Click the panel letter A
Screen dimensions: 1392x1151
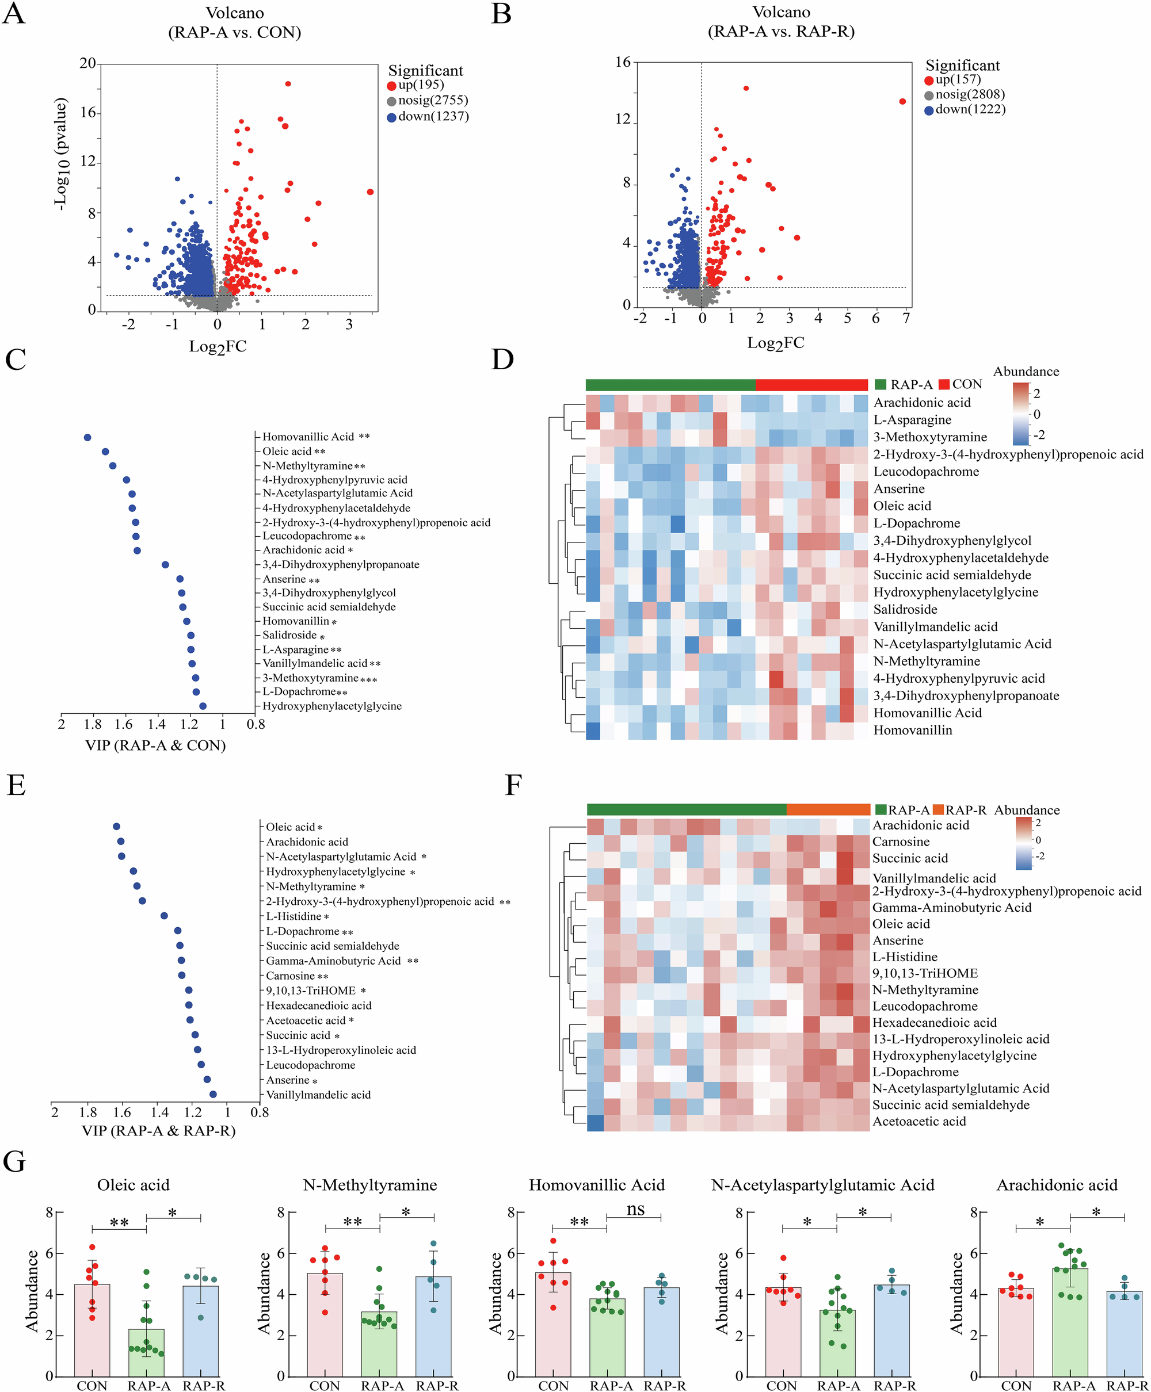(14, 14)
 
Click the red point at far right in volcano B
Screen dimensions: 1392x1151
(902, 101)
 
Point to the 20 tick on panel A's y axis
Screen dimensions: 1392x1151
(87, 64)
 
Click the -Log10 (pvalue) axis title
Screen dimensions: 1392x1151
(61, 154)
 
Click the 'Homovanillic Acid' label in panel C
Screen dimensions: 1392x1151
(308, 437)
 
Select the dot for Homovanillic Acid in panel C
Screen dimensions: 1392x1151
(87, 437)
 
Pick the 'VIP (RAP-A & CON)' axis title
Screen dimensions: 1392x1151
(155, 745)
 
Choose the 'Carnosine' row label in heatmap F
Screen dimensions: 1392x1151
(901, 842)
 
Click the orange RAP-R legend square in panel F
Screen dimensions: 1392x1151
(937, 810)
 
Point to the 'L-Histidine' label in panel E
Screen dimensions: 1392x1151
(294, 916)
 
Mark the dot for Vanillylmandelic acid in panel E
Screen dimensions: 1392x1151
(213, 1095)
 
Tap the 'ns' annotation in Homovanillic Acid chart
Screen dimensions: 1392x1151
(635, 1209)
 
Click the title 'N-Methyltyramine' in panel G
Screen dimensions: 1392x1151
(370, 1184)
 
